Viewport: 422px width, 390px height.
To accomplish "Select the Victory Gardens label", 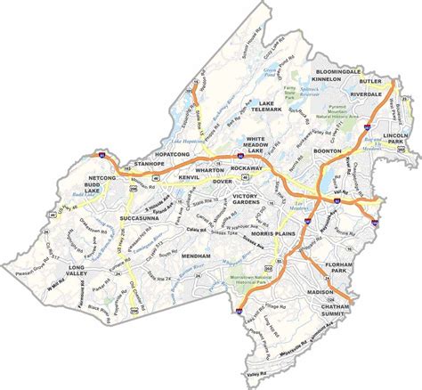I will pyautogui.click(x=256, y=199).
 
